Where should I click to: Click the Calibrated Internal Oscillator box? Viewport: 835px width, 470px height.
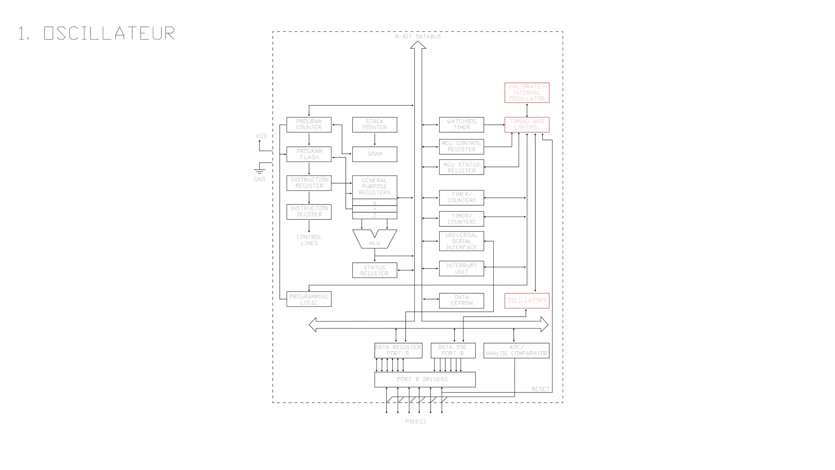527,93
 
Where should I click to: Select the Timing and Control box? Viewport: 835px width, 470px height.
527,124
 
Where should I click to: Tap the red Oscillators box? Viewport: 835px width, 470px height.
527,301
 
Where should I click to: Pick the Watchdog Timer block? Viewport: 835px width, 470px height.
462,124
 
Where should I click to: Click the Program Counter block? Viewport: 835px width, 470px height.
309,124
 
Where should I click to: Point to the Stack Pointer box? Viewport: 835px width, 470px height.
374,124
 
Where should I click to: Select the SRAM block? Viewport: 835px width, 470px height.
374,154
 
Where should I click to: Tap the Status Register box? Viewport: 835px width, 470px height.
374,270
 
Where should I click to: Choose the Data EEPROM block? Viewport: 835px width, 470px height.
462,301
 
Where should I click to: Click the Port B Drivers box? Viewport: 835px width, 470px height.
425,379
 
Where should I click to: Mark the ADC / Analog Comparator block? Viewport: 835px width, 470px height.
516,350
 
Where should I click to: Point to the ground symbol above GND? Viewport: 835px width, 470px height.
259,170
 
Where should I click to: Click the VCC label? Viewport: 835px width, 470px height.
261,136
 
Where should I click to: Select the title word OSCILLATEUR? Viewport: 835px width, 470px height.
109,33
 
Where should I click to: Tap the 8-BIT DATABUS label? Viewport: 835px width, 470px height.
418,37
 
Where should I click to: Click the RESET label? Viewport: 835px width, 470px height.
540,389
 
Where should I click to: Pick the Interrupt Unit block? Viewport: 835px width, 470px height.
462,268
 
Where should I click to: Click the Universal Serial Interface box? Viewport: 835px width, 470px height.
462,242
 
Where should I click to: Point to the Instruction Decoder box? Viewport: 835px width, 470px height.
309,212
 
